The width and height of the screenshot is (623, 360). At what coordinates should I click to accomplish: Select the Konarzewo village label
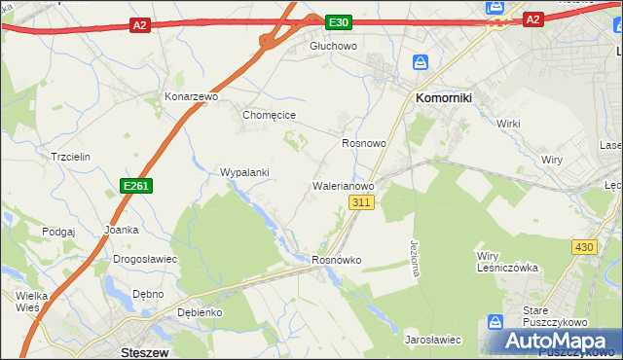coord(192,97)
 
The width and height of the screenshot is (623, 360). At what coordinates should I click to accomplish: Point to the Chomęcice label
coord(269,115)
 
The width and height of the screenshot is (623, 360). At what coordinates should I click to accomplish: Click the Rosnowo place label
coord(364,142)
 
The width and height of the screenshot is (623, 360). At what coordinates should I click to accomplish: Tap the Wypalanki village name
coord(245,172)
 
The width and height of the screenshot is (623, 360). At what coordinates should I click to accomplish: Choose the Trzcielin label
coord(70,157)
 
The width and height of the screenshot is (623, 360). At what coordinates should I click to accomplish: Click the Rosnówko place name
coord(336,260)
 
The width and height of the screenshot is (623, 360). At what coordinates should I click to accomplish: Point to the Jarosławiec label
coord(432,340)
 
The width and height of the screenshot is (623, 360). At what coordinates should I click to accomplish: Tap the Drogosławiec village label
coord(145,260)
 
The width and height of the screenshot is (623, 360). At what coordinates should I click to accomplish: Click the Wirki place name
coord(509,124)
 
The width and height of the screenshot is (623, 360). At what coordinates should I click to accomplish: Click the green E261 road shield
coord(136,185)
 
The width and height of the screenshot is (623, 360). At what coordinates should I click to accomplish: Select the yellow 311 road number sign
coord(361,202)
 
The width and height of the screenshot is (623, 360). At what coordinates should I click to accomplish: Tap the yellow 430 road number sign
coord(584,248)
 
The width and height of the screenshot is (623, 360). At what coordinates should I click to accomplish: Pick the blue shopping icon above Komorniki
coord(421,62)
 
